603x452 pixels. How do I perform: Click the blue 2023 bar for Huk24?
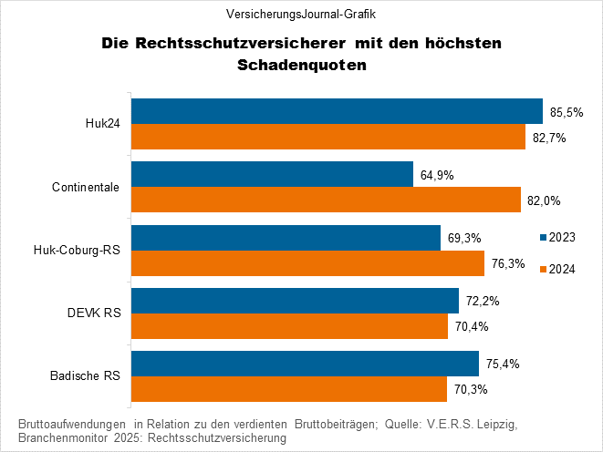tap(337, 111)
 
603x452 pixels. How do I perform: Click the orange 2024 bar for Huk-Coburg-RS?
tap(307, 262)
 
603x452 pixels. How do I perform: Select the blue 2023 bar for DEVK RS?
tap(295, 300)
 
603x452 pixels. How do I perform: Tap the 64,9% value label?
tap(437, 175)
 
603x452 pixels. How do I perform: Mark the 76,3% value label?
tap(508, 263)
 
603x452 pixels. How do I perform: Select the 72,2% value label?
tap(483, 301)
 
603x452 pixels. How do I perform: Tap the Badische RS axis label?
tap(90, 375)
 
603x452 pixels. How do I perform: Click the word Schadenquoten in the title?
tap(300, 66)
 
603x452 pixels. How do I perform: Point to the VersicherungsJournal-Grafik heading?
tap(301, 15)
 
